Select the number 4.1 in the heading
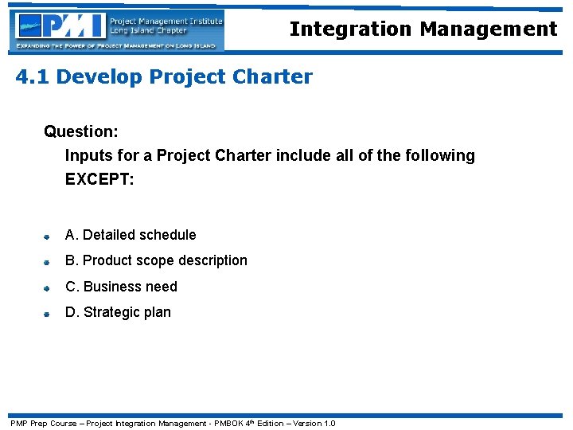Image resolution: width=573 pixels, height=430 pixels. click(x=33, y=77)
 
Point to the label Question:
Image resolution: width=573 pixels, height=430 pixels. click(x=81, y=131)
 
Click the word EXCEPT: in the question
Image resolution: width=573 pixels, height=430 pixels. click(x=99, y=179)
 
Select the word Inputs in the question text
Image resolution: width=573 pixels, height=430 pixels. click(x=88, y=155)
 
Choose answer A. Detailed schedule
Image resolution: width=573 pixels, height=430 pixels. click(x=131, y=235)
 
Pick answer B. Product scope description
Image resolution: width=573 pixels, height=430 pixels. click(x=156, y=260)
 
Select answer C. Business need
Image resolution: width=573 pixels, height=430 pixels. click(x=121, y=287)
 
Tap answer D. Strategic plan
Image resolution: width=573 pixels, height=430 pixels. click(x=118, y=312)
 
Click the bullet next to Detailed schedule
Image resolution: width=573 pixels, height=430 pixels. click(x=48, y=236)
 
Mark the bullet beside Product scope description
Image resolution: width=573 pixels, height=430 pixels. click(x=48, y=262)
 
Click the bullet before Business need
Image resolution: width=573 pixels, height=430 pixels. click(x=48, y=288)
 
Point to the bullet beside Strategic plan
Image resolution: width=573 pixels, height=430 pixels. click(x=48, y=314)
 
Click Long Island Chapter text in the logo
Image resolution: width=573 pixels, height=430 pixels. click(x=149, y=31)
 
